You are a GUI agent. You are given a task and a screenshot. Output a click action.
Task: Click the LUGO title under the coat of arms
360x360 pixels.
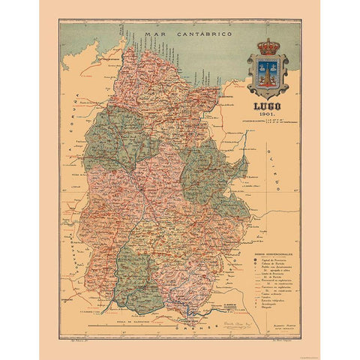point(267,106)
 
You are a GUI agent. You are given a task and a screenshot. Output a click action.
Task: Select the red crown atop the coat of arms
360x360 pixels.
point(268,47)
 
